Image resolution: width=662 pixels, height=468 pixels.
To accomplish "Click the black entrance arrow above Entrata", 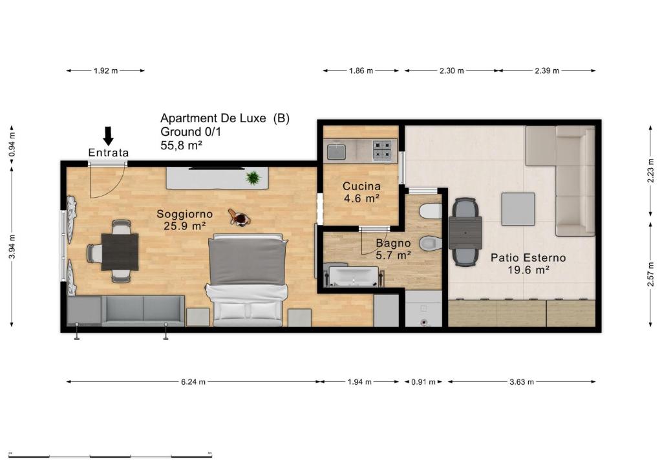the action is pos(109,136).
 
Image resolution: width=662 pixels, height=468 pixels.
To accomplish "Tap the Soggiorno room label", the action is pos(184,214).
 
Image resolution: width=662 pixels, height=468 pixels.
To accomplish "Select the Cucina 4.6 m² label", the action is pos(361,192).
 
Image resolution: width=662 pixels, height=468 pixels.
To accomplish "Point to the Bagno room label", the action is pos(393,243).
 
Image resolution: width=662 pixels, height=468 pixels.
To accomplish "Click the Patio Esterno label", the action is pos(528,257).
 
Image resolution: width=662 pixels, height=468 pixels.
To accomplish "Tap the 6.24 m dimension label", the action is pos(193,382).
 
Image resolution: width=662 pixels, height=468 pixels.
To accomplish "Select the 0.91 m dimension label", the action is pos(423,382).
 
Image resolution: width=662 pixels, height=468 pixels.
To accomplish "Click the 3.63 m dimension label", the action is pos(522,382).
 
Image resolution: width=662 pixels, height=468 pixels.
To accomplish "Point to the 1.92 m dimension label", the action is pos(105,71).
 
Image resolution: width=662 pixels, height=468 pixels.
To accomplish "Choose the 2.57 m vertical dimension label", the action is pos(651,274).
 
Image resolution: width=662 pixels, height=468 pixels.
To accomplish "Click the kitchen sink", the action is pos(336,152).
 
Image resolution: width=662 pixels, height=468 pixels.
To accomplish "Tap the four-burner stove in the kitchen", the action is pos(382,151).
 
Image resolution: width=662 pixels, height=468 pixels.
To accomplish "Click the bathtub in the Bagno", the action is pos(353,277).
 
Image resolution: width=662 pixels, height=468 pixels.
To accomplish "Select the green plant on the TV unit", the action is pos(253,178).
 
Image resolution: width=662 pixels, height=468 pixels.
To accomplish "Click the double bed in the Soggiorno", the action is pos(248,280).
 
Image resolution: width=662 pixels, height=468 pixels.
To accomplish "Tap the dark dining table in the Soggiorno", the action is pos(120,252).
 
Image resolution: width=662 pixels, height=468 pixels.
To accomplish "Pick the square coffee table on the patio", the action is pos(518,209).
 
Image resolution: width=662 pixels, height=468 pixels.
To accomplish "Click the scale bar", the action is pos(110,456).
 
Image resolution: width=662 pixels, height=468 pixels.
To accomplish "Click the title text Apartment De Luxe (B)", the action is pos(225,118).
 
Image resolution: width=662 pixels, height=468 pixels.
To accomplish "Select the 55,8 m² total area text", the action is pos(181,145).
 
